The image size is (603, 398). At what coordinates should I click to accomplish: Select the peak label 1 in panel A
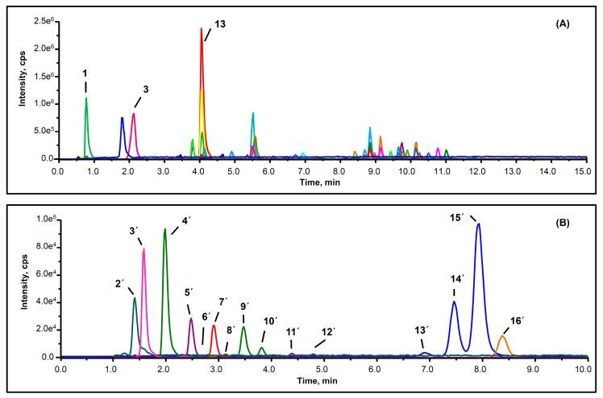[x=85, y=73]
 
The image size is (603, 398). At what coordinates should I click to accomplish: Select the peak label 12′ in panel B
[x=327, y=331]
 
